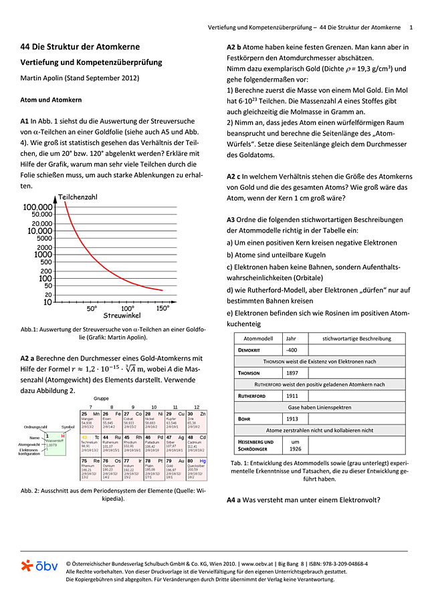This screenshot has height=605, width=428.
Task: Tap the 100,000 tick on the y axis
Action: (x=38, y=207)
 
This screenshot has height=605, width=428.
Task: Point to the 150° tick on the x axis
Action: (x=163, y=309)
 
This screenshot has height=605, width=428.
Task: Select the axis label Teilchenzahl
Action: (x=82, y=197)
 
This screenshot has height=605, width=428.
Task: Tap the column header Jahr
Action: (x=292, y=338)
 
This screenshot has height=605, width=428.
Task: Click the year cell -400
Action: (x=292, y=350)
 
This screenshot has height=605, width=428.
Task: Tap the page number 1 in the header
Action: (x=411, y=27)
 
